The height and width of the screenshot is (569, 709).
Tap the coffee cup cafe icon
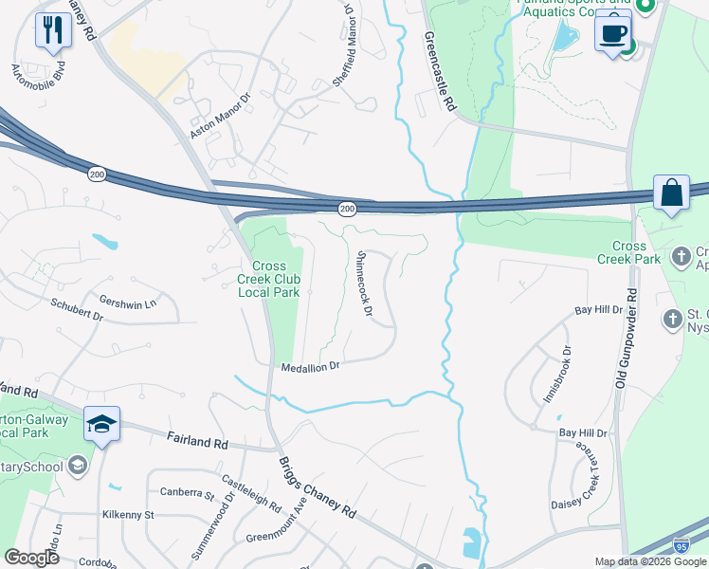[613, 33]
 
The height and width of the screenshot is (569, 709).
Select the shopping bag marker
[672, 193]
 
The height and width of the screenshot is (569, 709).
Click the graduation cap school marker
[102, 424]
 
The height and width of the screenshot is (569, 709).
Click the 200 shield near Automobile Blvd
[97, 174]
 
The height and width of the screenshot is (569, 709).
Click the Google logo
[31, 557]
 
